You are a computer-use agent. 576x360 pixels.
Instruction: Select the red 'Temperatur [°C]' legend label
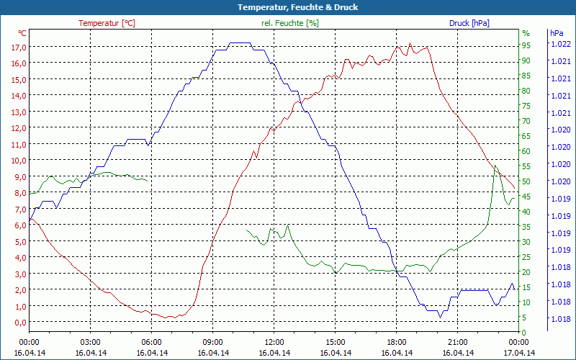[x=107, y=23]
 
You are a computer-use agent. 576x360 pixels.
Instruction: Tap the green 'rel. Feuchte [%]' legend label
[x=290, y=23]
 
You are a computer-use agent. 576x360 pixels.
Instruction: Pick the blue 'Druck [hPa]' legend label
[x=469, y=23]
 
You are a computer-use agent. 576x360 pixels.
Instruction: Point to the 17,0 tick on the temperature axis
[x=19, y=47]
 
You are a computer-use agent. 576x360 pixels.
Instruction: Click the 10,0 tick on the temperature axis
[x=19, y=161]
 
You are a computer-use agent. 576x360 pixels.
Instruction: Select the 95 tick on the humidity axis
[x=526, y=45]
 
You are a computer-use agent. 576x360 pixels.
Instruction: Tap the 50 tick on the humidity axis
[x=526, y=181]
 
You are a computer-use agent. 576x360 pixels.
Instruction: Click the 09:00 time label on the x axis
[x=212, y=342]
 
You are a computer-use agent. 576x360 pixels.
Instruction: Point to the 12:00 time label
[x=274, y=342]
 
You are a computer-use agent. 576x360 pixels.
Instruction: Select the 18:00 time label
[x=396, y=342]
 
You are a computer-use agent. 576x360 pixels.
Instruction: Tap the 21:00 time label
[x=457, y=342]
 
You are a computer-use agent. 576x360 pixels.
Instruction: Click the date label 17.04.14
[x=518, y=353]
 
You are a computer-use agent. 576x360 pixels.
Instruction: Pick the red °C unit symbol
[x=22, y=33]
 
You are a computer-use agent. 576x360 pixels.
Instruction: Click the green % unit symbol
[x=526, y=33]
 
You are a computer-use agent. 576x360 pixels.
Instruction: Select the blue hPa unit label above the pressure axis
[x=556, y=33]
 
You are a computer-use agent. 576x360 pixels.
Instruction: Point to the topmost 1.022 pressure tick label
[x=559, y=44]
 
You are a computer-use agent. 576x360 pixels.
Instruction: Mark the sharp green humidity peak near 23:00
[x=495, y=166]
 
